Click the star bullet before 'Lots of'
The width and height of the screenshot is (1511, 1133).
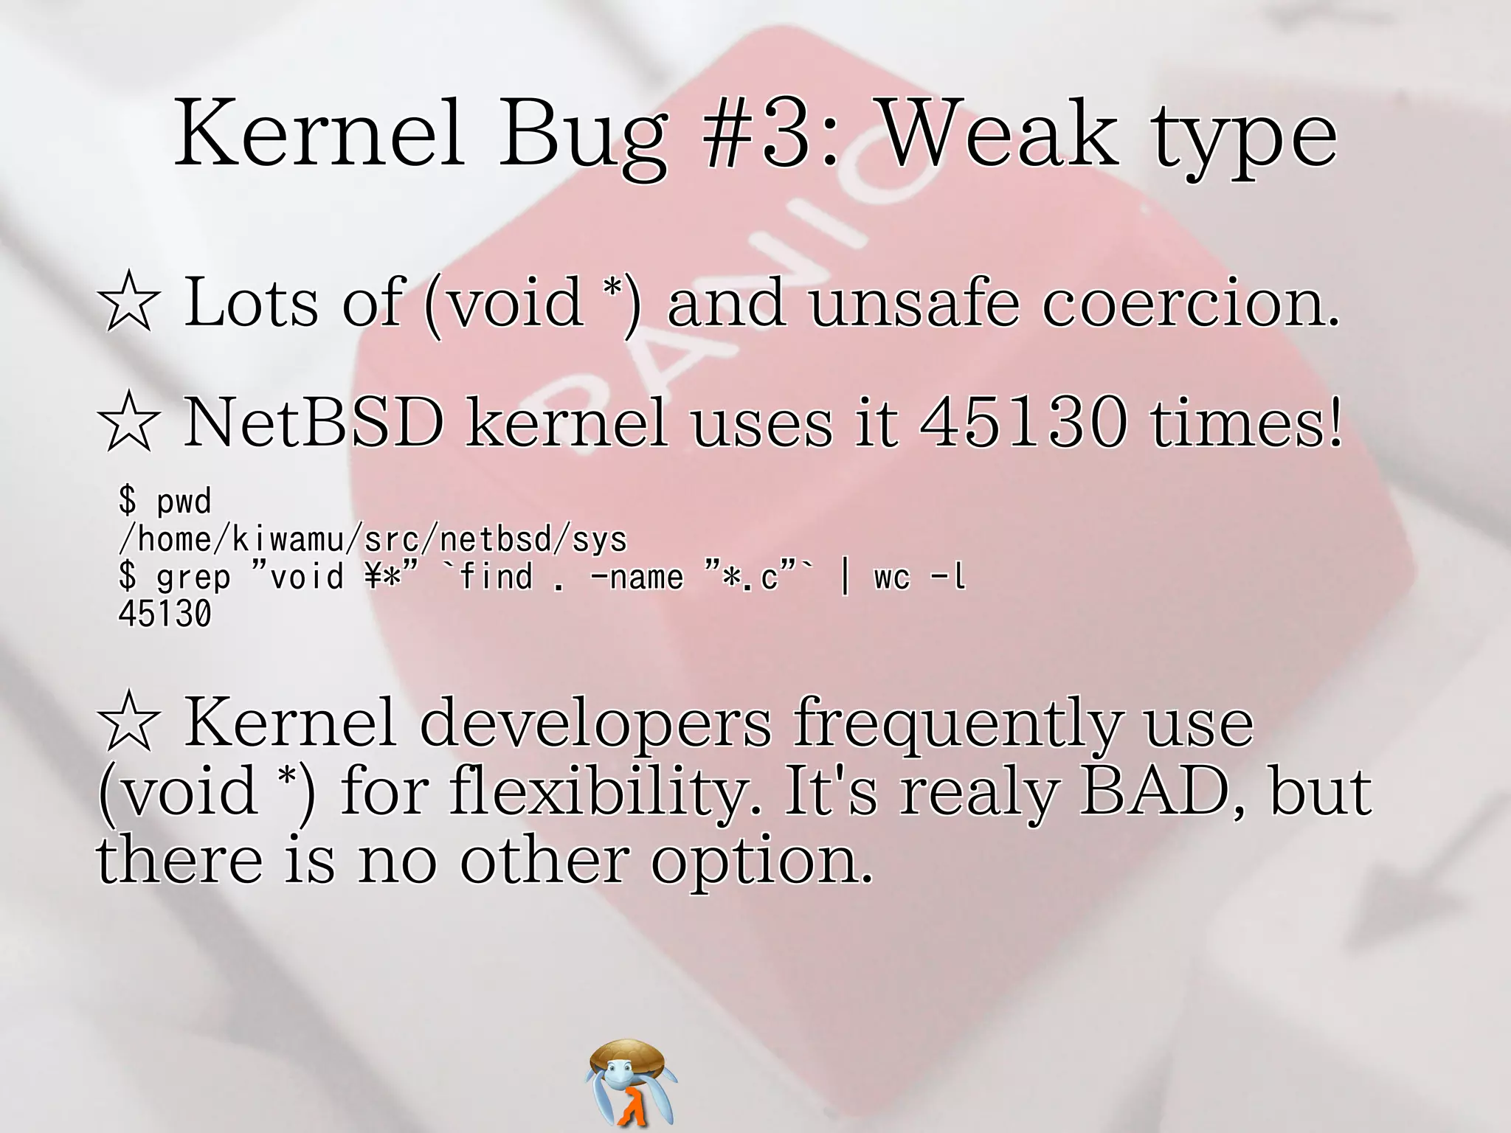[x=128, y=302]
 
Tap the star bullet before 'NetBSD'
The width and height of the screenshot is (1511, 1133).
[x=128, y=423]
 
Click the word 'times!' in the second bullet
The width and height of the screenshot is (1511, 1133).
[x=1247, y=423]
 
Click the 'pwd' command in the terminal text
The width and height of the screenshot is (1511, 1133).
[x=184, y=502]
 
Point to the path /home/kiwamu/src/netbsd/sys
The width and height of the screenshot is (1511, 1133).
[x=373, y=539]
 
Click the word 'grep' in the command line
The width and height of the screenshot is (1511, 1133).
[x=193, y=578]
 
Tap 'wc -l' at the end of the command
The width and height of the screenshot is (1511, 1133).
[x=919, y=578]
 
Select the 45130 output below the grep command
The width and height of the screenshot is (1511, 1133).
[x=165, y=614]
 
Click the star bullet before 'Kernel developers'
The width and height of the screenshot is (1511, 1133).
[x=128, y=723]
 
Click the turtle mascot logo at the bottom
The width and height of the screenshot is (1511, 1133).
[x=632, y=1082]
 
